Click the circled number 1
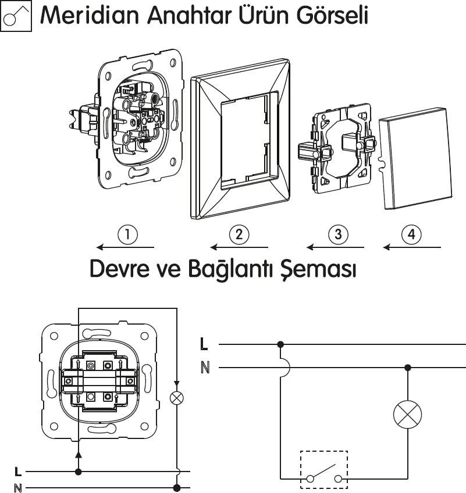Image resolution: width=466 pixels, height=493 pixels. [x=127, y=235]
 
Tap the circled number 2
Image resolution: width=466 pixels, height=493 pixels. [x=239, y=235]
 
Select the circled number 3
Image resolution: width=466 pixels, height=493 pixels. [x=338, y=235]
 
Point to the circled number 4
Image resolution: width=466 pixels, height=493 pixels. [x=411, y=235]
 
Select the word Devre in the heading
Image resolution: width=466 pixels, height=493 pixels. [x=119, y=269]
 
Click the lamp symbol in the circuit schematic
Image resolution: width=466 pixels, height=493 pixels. [x=407, y=414]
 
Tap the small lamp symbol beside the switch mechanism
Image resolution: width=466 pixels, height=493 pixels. [x=176, y=398]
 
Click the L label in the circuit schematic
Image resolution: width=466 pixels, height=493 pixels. [x=204, y=344]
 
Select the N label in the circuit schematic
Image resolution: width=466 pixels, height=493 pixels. [x=204, y=367]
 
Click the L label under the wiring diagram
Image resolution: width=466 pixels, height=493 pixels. [x=19, y=472]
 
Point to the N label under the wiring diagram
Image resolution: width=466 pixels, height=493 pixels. [x=19, y=488]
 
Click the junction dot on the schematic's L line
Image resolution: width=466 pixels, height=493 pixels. [x=280, y=344]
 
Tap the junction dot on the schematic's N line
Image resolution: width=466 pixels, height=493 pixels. [x=407, y=367]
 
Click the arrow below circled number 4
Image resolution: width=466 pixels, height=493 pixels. [x=411, y=247]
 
